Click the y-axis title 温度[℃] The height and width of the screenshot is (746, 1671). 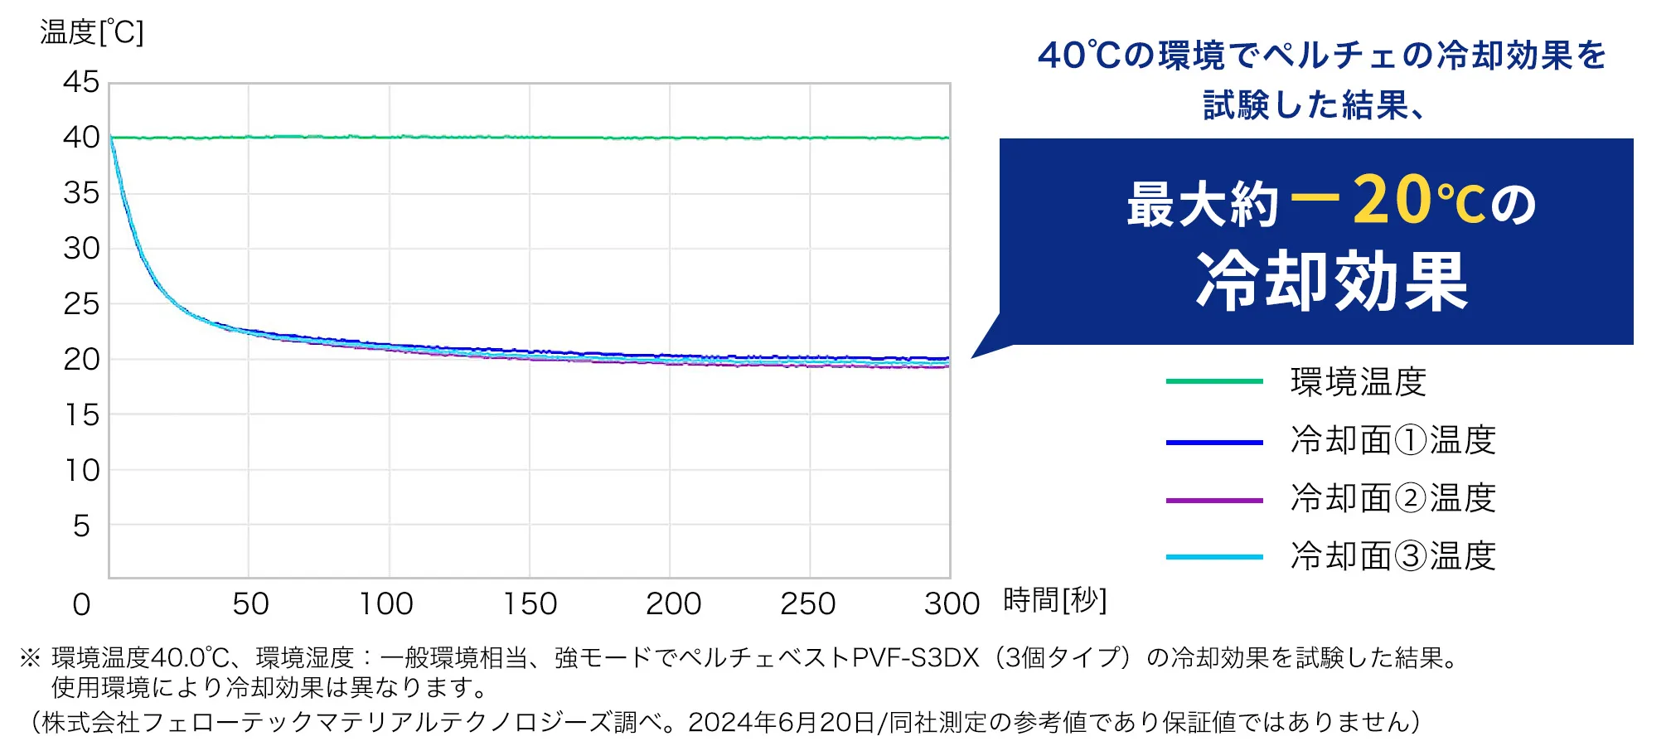[91, 33]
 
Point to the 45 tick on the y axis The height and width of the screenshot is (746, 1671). [81, 82]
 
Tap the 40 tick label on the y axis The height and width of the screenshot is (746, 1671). [81, 138]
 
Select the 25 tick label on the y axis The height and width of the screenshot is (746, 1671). [81, 304]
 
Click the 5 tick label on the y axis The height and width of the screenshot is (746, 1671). [81, 526]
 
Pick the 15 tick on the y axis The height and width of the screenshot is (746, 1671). [81, 415]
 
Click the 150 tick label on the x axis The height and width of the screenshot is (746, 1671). [530, 604]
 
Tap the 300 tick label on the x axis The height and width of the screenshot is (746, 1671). [952, 604]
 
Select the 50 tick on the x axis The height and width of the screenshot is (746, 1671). [250, 604]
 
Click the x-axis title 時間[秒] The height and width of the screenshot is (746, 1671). [1054, 600]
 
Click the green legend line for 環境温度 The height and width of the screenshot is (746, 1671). [1213, 382]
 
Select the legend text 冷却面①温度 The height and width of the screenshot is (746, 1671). [1392, 440]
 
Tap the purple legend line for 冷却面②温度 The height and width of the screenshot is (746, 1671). [1213, 501]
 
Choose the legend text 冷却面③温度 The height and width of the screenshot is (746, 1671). [1392, 556]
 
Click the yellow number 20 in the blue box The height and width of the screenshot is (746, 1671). [1392, 201]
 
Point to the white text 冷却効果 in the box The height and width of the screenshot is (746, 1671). [1331, 282]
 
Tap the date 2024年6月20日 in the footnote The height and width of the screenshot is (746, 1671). [781, 723]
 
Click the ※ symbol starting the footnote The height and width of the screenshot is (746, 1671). [30, 658]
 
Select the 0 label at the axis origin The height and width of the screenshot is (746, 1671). [81, 605]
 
